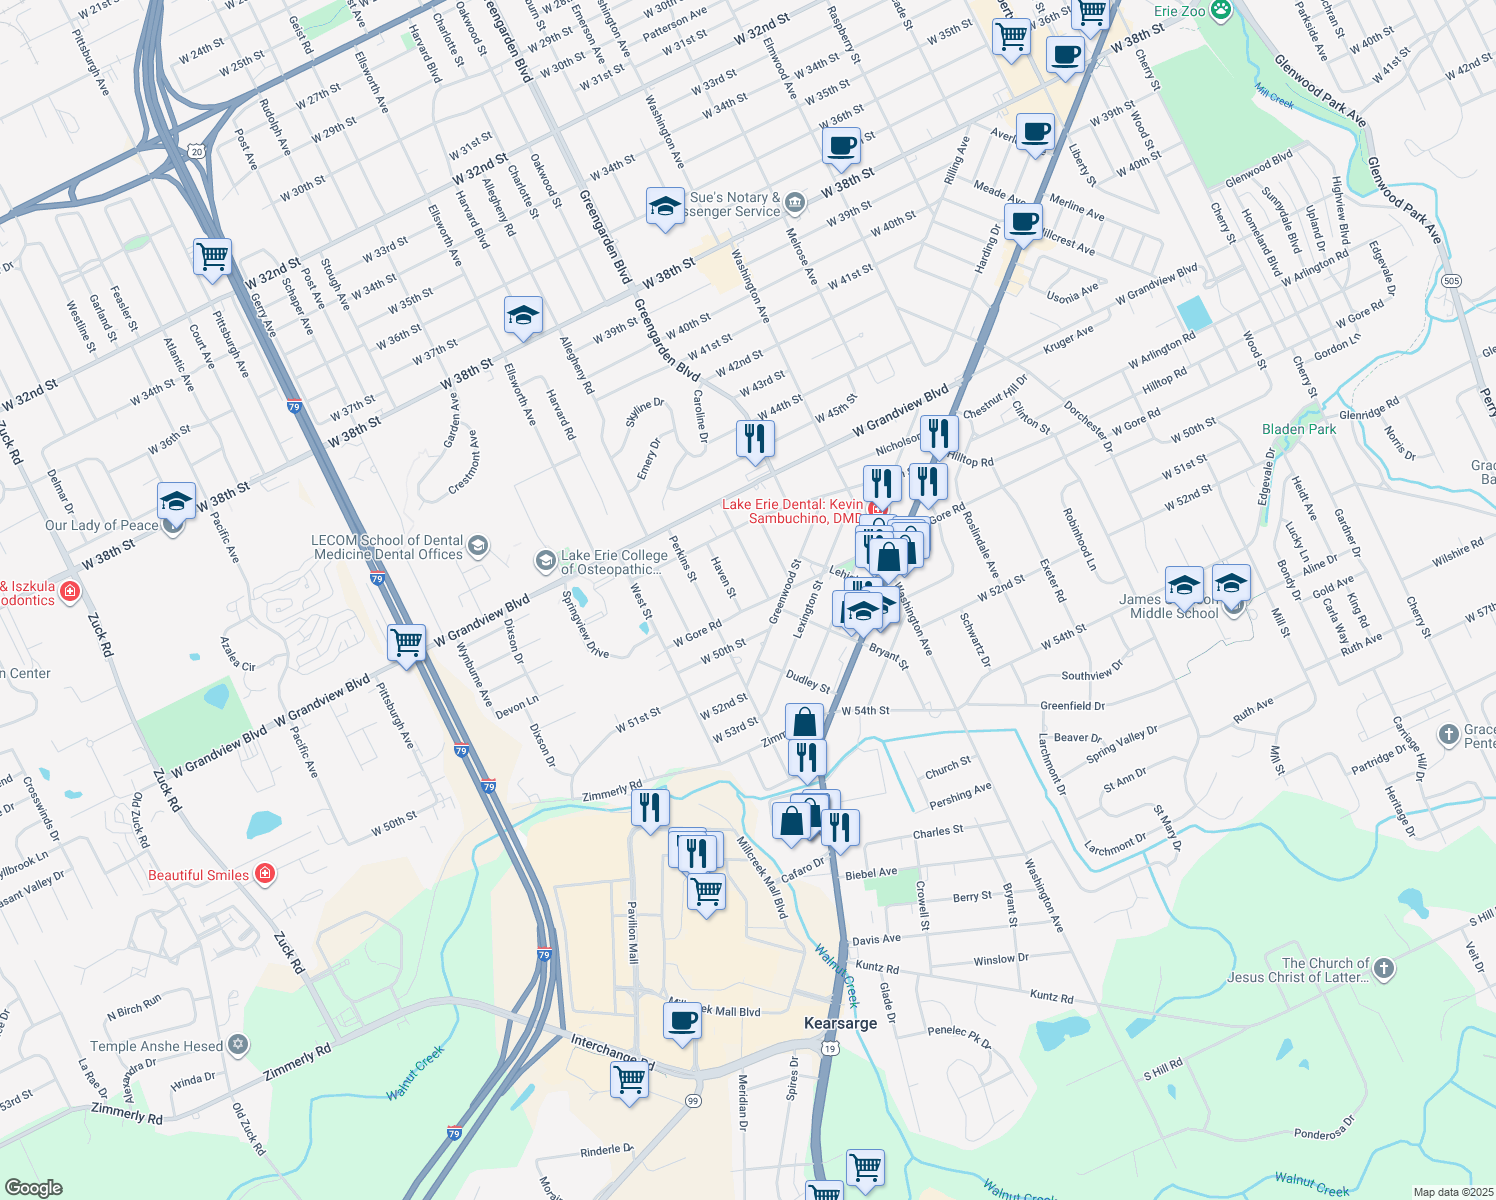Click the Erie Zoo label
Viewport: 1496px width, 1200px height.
1180,11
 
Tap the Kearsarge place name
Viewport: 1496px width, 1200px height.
840,1023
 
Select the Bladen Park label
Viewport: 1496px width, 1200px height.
1298,429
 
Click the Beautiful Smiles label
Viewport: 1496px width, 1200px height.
198,875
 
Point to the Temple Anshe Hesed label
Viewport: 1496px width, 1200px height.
156,1046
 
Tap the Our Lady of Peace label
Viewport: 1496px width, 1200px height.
101,525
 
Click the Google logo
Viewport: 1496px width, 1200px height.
33,1187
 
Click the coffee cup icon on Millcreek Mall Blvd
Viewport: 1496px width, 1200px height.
683,1021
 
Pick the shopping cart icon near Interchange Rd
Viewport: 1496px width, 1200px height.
629,1079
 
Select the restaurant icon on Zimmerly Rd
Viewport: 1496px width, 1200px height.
650,807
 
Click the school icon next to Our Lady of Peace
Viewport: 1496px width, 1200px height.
176,500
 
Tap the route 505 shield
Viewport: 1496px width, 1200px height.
1452,280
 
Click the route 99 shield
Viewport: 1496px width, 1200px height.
693,1100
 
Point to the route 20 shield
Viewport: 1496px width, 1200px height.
197,152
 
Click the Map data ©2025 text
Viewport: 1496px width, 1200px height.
1452,1192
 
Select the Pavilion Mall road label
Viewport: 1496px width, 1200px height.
632,932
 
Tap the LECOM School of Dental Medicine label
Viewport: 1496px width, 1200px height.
388,547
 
